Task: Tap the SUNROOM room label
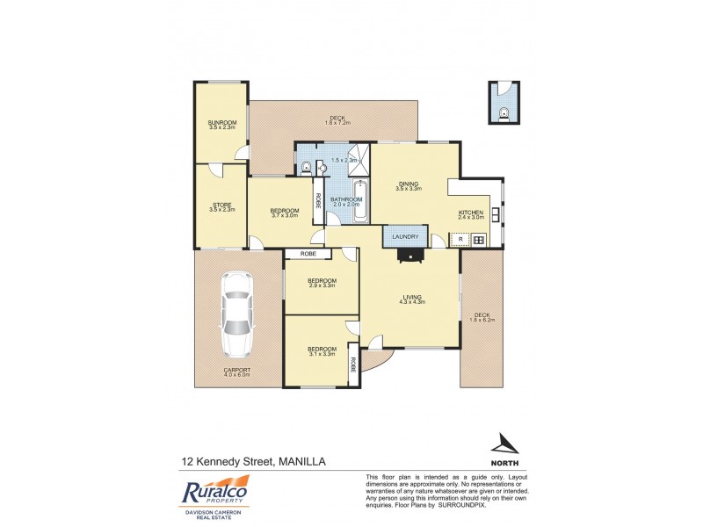click(x=222, y=122)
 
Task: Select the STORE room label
click(x=222, y=205)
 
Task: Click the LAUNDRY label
click(x=405, y=236)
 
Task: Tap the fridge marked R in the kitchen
click(x=460, y=239)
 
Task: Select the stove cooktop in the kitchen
click(x=479, y=239)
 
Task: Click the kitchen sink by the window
click(x=497, y=213)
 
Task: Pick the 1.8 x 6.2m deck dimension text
click(x=484, y=321)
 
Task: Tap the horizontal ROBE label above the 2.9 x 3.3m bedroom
click(x=308, y=254)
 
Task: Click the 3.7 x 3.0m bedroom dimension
click(x=285, y=215)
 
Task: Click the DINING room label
click(x=409, y=184)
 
